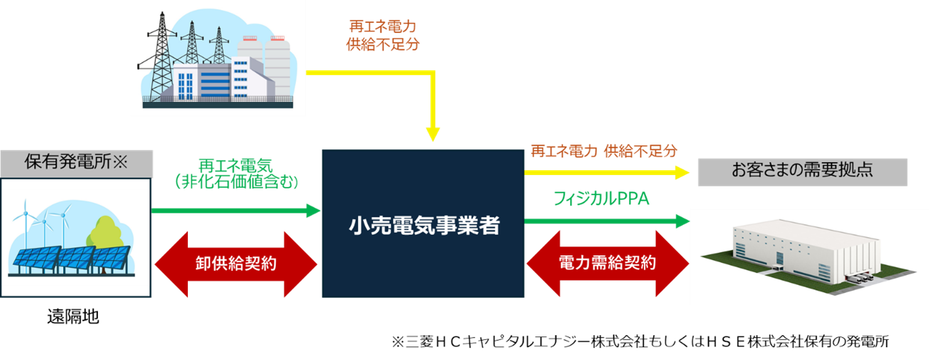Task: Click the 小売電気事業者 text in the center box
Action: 424,225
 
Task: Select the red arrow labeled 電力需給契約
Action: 607,263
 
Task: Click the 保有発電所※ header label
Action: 76,163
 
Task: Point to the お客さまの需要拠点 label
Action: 802,170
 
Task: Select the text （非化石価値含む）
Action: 235,181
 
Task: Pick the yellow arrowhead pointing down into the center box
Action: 432,136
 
